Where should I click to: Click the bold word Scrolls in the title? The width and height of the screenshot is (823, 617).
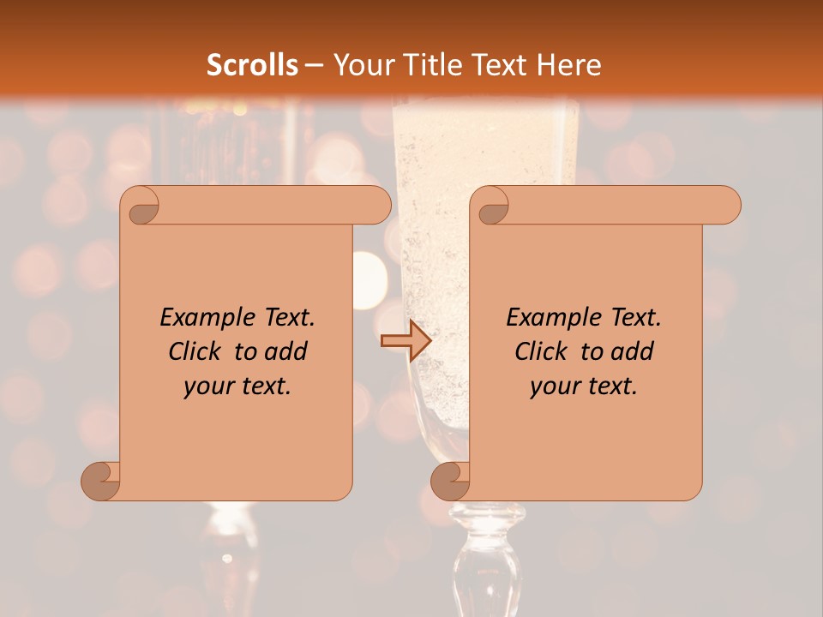pyautogui.click(x=253, y=64)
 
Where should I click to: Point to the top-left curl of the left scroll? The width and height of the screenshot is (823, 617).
pyautogui.click(x=141, y=206)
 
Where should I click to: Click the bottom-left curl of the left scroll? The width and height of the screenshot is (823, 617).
pyautogui.click(x=101, y=482)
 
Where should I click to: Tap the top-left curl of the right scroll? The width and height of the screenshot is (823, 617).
pyautogui.click(x=490, y=206)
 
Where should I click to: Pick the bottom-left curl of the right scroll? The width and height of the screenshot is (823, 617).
pyautogui.click(x=451, y=482)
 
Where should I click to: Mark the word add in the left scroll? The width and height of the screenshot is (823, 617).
pyautogui.click(x=287, y=351)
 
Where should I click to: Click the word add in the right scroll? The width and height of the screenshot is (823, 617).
pyautogui.click(x=634, y=351)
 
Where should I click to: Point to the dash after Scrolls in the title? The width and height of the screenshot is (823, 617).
pyautogui.click(x=314, y=65)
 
